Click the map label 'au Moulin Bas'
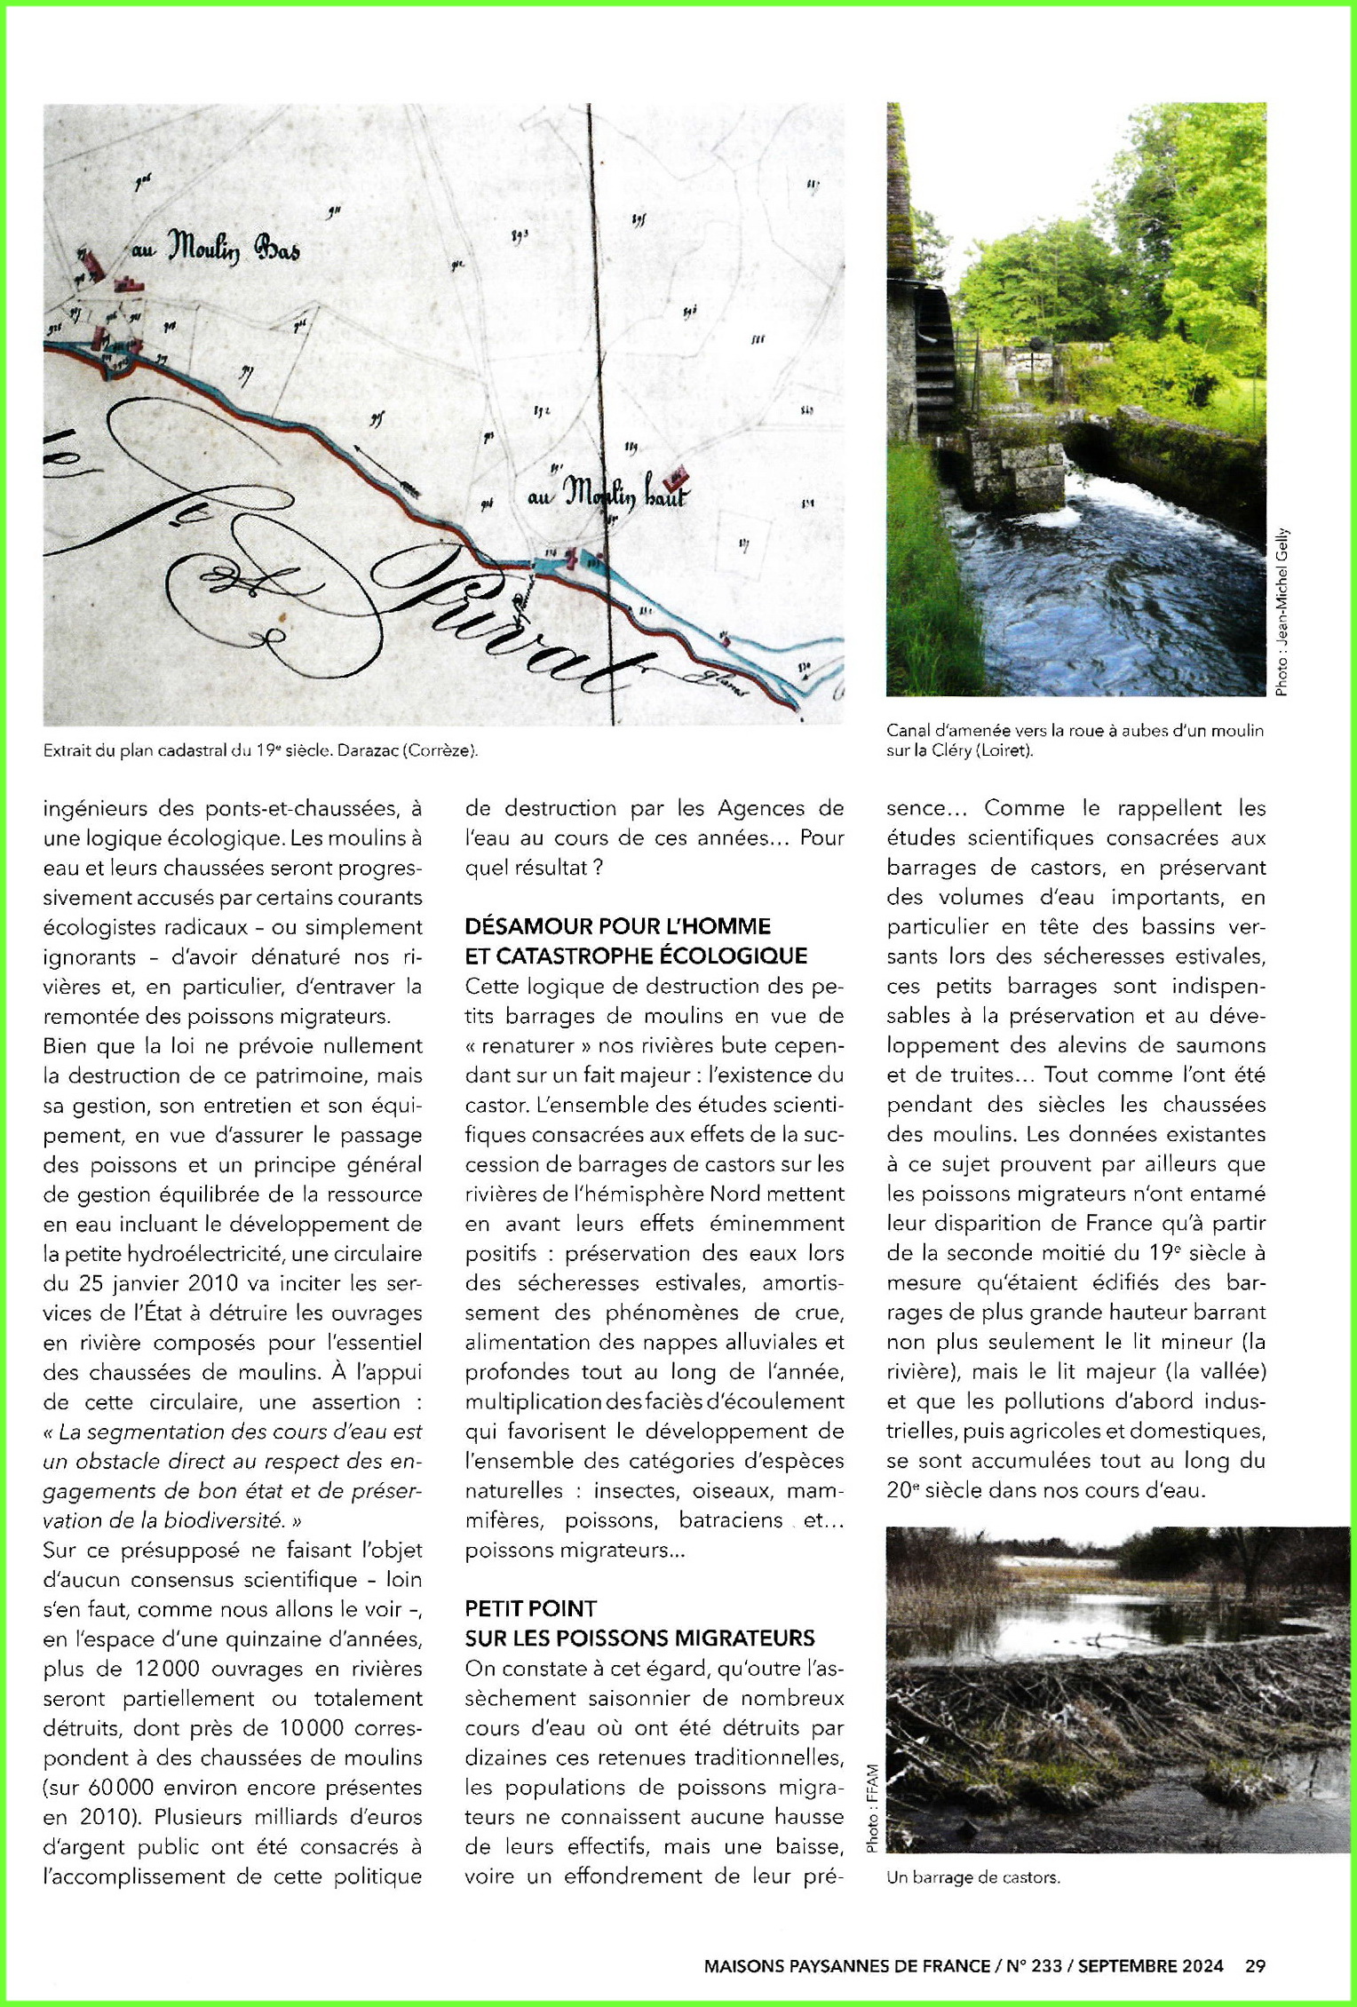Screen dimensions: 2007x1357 (216, 248)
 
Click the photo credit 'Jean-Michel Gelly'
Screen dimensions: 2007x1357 (1282, 612)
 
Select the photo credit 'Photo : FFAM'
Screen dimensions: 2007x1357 (872, 1808)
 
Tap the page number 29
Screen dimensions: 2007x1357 (1255, 1966)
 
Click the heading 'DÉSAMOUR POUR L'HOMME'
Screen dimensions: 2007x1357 (617, 926)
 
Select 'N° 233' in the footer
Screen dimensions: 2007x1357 (1034, 1966)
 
